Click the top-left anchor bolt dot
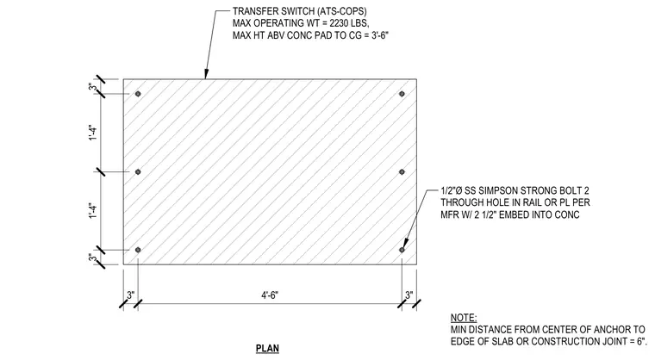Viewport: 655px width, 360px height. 138,94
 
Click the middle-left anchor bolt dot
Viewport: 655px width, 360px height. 138,171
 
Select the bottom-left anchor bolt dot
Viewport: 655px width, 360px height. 138,250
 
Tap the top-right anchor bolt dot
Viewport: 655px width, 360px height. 402,94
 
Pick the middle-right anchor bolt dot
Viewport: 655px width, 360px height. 402,171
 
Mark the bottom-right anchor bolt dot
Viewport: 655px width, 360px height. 402,250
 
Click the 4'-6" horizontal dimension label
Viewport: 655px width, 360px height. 270,295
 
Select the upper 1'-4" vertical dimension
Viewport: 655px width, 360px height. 93,133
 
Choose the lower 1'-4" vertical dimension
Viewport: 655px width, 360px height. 93,211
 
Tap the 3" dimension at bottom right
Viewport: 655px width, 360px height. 409,295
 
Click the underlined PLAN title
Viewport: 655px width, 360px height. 267,348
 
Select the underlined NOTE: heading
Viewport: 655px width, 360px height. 464,318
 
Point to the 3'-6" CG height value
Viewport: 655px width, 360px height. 380,35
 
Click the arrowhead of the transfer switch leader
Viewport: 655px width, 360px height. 205,75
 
